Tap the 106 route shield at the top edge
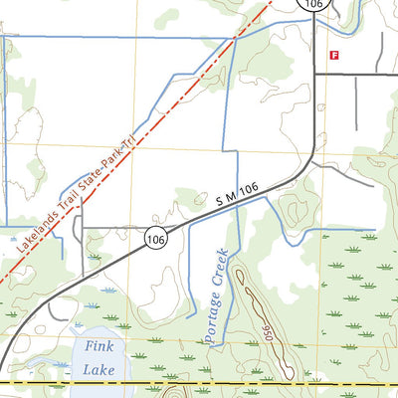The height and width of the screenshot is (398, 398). tap(314, 4)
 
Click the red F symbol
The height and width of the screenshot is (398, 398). tap(335, 56)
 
